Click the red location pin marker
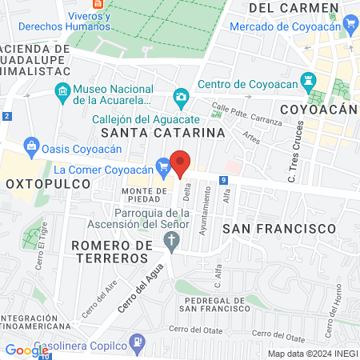click(182, 162)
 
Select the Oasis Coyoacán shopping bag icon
click(31, 146)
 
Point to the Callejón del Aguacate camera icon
click(181, 97)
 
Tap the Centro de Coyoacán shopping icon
click(307, 84)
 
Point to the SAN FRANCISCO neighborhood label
click(278, 229)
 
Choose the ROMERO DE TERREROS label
click(110, 251)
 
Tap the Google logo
click(26, 350)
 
